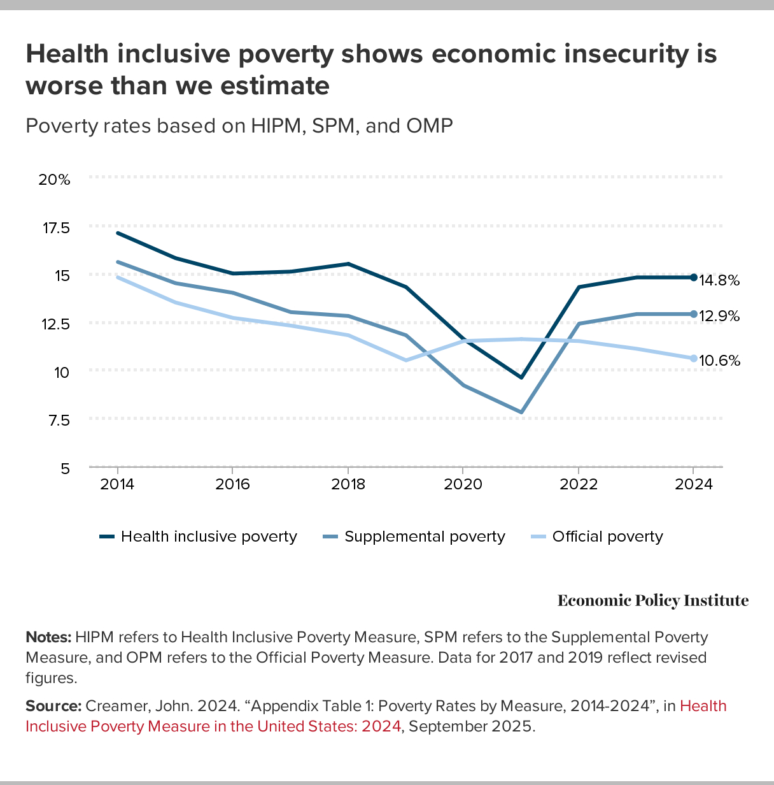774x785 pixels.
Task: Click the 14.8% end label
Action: coord(719,280)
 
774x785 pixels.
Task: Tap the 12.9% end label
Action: coord(719,316)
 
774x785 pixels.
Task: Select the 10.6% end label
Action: coord(719,361)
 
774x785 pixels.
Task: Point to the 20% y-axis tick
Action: coord(55,180)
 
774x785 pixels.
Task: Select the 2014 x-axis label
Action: coord(117,484)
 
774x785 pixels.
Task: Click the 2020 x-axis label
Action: coord(463,484)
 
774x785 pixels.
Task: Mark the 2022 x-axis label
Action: coord(579,484)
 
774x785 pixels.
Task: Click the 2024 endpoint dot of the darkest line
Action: coord(693,277)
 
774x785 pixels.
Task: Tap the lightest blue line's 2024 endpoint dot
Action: coord(693,358)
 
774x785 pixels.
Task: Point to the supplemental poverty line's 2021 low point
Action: coord(521,412)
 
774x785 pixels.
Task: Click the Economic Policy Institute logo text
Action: coord(653,601)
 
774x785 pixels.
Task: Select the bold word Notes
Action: coord(48,637)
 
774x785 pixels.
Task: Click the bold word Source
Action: coord(53,706)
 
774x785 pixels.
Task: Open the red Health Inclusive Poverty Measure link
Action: coord(213,726)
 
